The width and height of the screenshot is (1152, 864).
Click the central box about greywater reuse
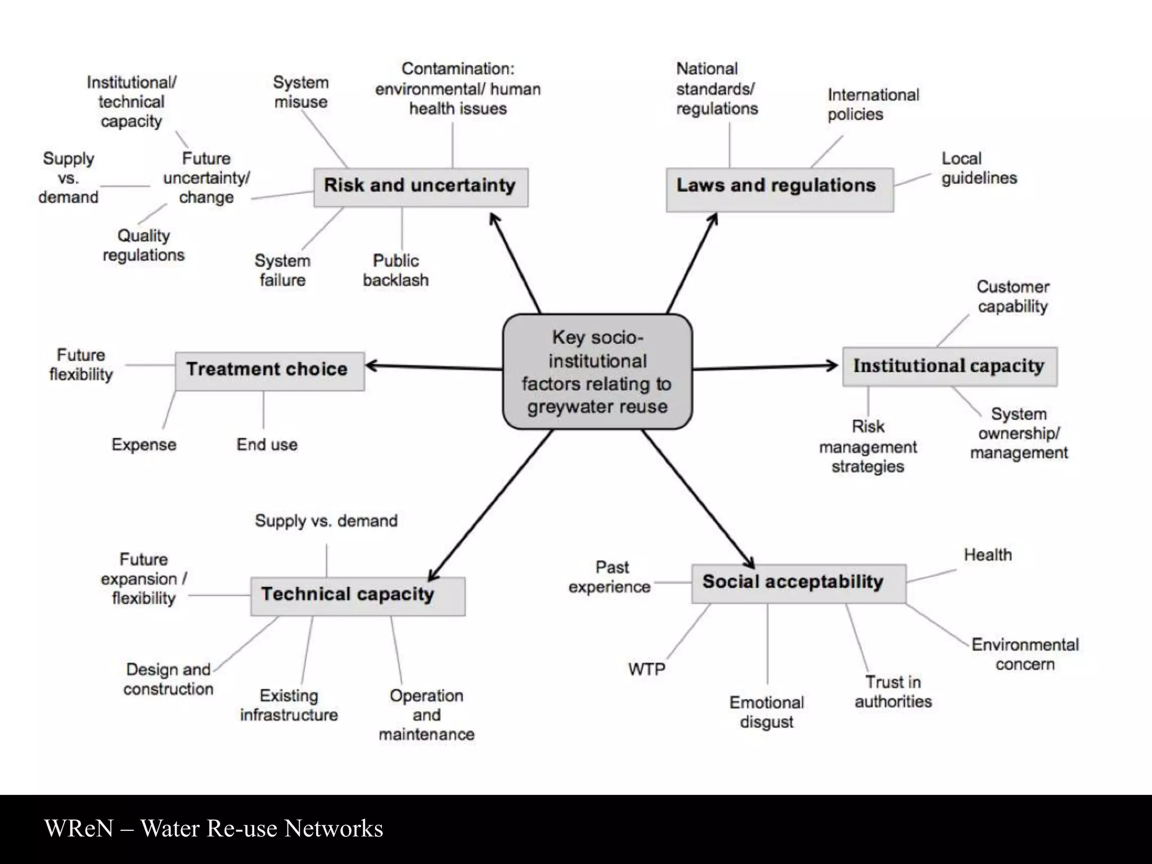597,372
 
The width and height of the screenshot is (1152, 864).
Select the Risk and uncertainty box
420,187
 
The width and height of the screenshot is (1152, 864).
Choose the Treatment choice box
269,371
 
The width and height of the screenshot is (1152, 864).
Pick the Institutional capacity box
949,366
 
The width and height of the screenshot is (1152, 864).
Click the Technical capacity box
357,596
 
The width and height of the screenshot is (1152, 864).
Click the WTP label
646,669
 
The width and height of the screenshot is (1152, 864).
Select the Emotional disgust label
766,712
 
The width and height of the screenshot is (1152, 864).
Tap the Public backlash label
395,271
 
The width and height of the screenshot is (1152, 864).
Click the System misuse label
300,92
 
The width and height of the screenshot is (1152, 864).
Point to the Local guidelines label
979,168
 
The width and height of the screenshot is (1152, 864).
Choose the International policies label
872,105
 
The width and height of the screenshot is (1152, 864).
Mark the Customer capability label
1012,296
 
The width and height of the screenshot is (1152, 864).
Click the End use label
267,444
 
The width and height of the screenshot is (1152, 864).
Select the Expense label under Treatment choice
144,444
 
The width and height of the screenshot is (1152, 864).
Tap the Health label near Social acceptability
987,555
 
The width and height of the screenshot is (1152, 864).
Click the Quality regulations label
143,245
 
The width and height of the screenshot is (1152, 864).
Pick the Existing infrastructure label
289,705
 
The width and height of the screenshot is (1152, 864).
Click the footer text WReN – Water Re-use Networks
214,829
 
